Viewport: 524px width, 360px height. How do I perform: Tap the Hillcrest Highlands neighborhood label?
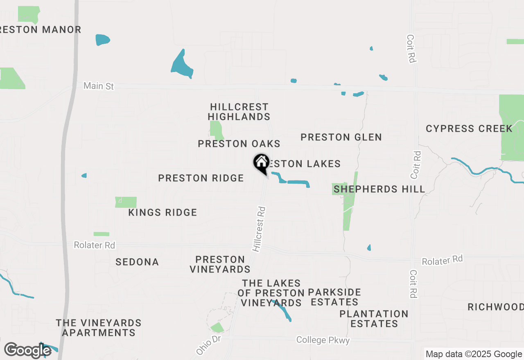click(x=239, y=112)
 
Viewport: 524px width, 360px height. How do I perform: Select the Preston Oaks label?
click(x=239, y=144)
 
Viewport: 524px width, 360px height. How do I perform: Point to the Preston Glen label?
click(x=341, y=137)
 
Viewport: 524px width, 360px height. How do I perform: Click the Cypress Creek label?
click(x=469, y=128)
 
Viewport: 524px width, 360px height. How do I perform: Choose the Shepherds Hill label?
click(x=379, y=189)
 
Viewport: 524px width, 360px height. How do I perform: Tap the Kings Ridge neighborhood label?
click(x=163, y=212)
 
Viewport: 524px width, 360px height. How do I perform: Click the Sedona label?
click(x=137, y=262)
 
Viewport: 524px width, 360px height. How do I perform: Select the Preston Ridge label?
click(x=201, y=178)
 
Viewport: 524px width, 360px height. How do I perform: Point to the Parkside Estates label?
click(x=334, y=297)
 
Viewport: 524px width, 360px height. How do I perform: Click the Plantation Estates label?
click(x=374, y=319)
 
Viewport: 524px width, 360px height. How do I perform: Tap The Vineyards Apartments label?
click(x=99, y=328)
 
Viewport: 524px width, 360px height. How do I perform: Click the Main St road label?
click(x=98, y=86)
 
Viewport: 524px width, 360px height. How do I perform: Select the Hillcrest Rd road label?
click(x=259, y=229)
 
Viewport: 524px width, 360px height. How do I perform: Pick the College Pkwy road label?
click(x=323, y=340)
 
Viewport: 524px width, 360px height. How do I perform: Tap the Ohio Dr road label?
click(x=208, y=346)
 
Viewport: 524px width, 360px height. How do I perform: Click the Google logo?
click(x=28, y=350)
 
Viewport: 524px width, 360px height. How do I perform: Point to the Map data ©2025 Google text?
click(x=474, y=354)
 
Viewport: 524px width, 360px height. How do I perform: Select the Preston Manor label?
click(x=41, y=29)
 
